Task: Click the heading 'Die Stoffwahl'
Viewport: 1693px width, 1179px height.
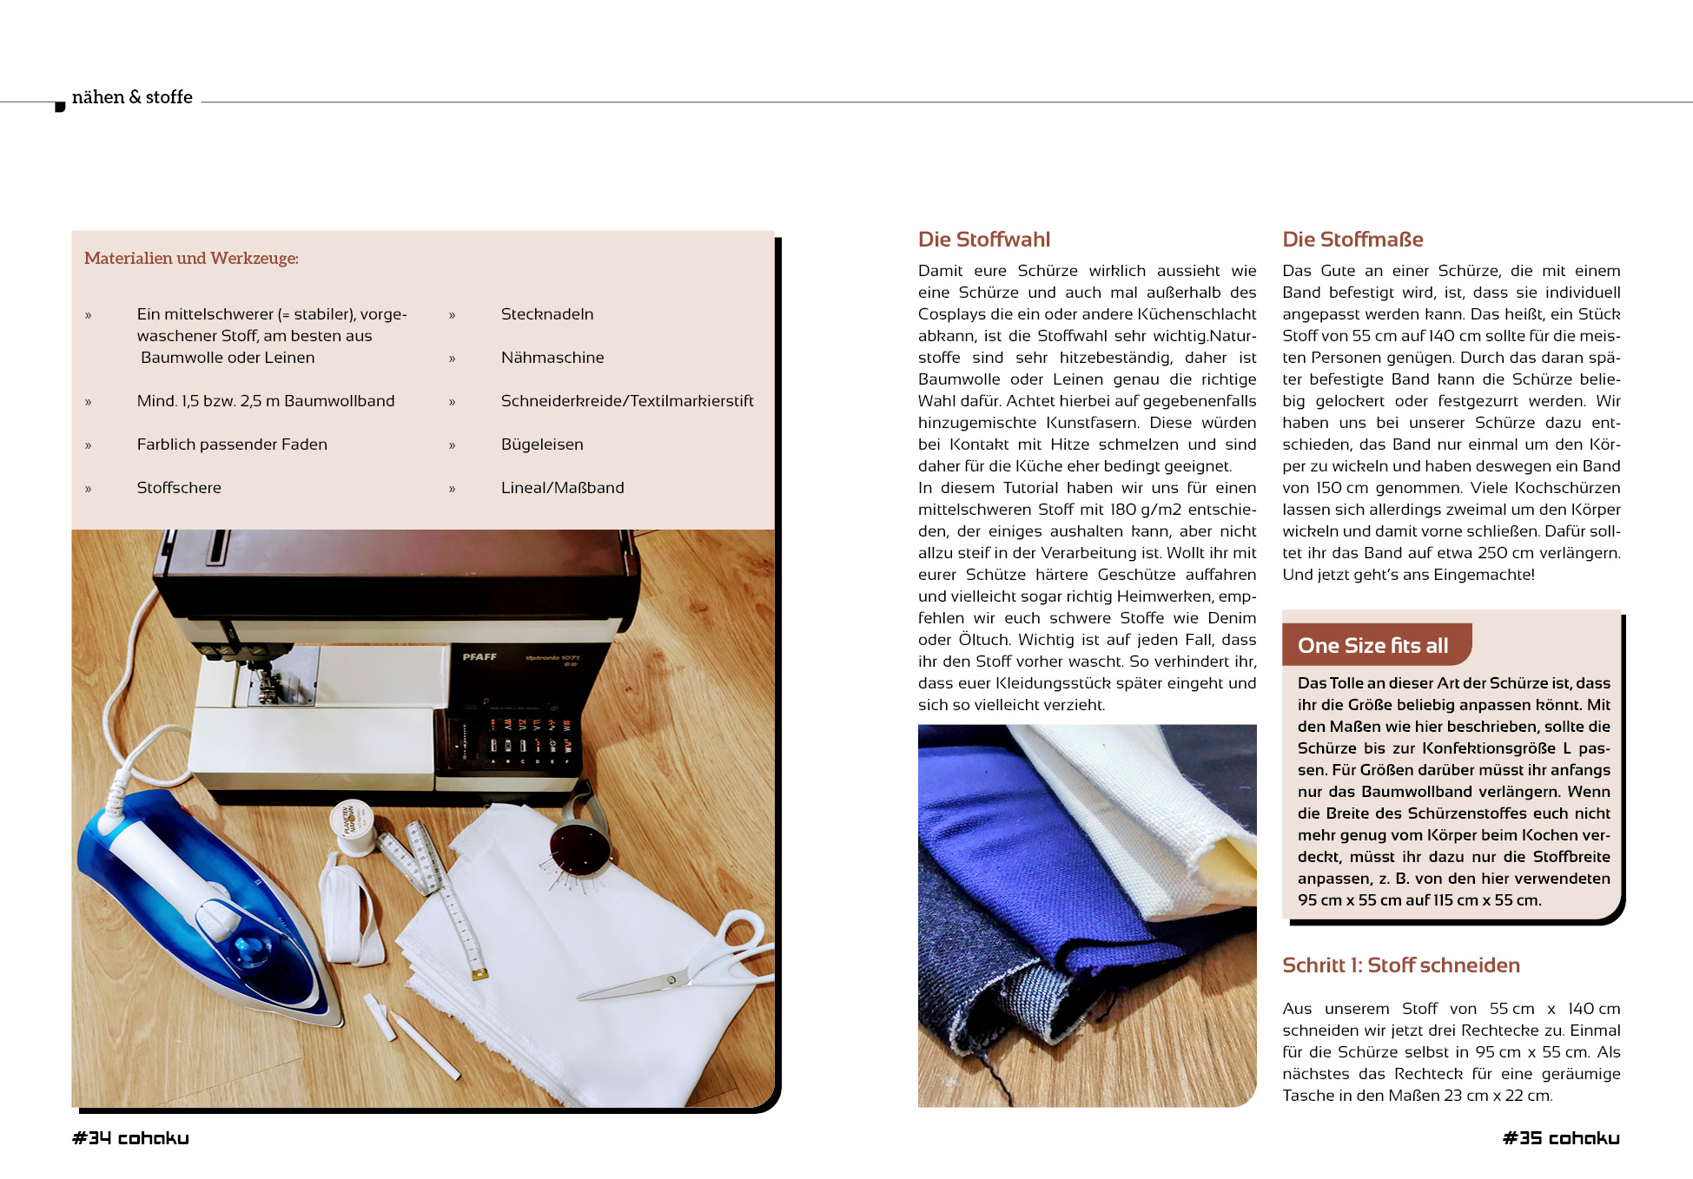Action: click(983, 240)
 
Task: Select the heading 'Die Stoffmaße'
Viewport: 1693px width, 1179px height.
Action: click(1352, 240)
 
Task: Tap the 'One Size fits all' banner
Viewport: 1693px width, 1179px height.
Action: click(1372, 645)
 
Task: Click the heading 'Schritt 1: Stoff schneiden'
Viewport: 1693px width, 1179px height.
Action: click(1400, 965)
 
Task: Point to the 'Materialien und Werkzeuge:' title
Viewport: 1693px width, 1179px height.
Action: click(191, 258)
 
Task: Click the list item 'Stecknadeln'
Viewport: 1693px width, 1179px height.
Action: click(546, 314)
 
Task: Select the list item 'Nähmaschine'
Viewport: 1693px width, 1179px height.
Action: click(552, 358)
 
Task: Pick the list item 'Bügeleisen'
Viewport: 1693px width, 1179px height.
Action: click(541, 445)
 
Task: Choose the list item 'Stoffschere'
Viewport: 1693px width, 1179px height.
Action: click(179, 488)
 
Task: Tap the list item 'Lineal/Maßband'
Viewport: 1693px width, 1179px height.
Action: click(562, 488)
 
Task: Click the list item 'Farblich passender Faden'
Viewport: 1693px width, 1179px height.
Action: click(232, 445)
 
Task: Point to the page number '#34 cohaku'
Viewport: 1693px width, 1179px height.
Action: click(130, 1138)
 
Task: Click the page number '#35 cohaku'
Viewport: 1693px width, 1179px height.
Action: click(1561, 1138)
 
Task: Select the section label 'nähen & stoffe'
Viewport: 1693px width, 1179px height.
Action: click(132, 97)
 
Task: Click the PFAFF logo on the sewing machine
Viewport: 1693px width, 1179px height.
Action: click(479, 657)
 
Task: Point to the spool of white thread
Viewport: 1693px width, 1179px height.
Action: click(353, 825)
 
